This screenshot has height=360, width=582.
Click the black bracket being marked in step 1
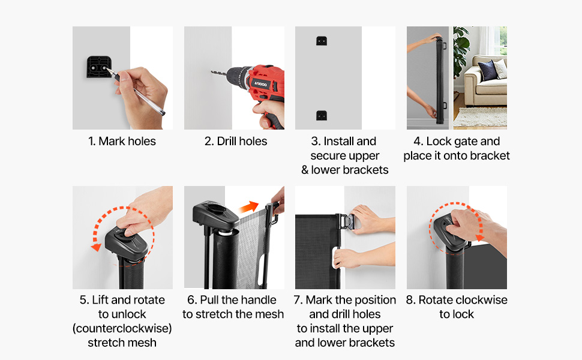[99, 67]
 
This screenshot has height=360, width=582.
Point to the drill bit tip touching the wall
[212, 72]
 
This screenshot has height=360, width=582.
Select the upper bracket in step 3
[322, 41]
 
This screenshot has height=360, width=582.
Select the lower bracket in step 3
[322, 115]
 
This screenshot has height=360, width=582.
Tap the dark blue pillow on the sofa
[487, 70]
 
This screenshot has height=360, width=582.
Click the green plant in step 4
[461, 50]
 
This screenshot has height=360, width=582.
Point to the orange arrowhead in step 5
[97, 247]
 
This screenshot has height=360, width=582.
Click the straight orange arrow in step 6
[248, 207]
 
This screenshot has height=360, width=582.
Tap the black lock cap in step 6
[215, 215]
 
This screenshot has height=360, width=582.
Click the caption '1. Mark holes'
[122, 142]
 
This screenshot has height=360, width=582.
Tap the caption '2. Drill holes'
[236, 142]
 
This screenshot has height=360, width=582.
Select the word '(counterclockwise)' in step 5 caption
[122, 328]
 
